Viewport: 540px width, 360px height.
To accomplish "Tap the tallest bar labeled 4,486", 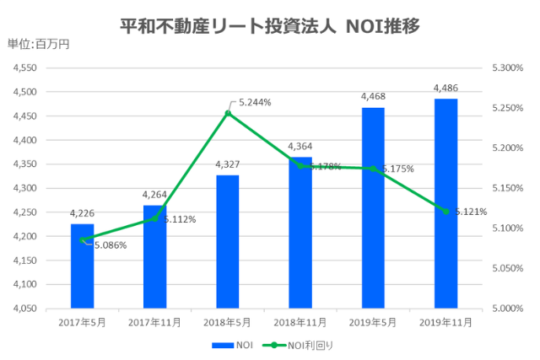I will pyautogui.click(x=445, y=203).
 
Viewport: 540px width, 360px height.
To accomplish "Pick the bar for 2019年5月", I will pyautogui.click(x=373, y=207).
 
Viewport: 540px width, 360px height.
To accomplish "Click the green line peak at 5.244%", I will pyautogui.click(x=227, y=112).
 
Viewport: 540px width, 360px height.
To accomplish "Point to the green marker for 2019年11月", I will pyautogui.click(x=445, y=211).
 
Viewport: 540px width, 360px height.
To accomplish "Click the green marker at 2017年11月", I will pyautogui.click(x=154, y=218).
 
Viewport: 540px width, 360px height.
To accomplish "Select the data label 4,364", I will pyautogui.click(x=300, y=147).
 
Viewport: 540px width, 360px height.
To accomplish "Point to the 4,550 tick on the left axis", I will pyautogui.click(x=25, y=67).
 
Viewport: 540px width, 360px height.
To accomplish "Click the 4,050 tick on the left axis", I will pyautogui.click(x=25, y=309).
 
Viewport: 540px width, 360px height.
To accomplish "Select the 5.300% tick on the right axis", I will pyautogui.click(x=495, y=67).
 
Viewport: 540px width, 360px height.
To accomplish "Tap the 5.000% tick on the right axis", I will pyautogui.click(x=495, y=309).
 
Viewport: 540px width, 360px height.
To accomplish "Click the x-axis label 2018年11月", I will pyautogui.click(x=300, y=322).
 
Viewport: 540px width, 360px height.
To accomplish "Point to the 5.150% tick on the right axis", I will pyautogui.click(x=495, y=188).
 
